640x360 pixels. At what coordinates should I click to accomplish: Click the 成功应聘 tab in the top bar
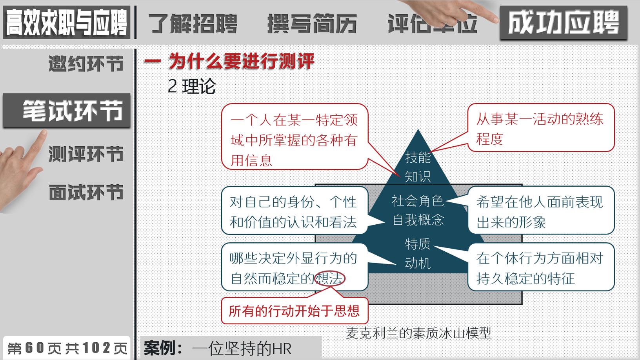563,23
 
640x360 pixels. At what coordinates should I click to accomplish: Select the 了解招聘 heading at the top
193,24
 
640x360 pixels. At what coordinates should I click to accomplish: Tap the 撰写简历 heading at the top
312,24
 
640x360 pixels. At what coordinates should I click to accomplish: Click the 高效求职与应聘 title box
67,23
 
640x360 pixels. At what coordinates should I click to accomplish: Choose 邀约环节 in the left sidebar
86,64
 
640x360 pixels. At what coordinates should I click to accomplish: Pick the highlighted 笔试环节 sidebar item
72,111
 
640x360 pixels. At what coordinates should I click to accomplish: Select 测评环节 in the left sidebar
86,154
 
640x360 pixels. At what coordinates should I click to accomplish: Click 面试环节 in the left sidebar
86,193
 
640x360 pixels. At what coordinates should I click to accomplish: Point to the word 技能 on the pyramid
418,157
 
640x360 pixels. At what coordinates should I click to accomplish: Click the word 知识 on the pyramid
418,176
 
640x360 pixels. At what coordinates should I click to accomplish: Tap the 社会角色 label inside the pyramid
418,201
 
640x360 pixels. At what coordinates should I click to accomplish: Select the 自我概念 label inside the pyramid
418,220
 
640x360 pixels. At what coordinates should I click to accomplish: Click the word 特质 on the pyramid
418,244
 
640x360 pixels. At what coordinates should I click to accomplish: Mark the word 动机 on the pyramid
418,263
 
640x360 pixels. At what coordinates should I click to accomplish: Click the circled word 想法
330,278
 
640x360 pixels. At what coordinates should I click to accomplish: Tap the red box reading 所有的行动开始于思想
294,311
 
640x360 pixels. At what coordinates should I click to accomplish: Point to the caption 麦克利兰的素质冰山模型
418,333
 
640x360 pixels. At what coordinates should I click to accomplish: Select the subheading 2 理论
191,86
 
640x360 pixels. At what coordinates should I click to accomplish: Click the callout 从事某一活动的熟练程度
540,128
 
